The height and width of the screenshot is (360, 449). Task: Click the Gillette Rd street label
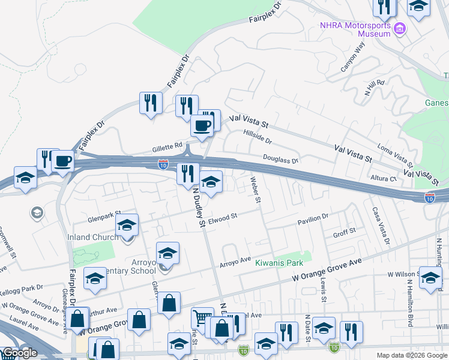coord(167,146)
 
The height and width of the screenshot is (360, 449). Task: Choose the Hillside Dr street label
coord(258,137)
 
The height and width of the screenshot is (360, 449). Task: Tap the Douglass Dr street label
coord(280,159)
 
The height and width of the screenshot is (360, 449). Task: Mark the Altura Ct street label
coord(385,178)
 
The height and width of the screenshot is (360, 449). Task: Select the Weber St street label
coord(256,189)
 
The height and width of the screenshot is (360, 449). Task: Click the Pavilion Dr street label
coord(313,220)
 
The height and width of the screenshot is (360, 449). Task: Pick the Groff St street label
coord(345,231)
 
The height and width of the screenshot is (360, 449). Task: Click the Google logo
coord(20,353)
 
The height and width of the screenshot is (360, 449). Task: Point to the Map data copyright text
coord(412,355)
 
